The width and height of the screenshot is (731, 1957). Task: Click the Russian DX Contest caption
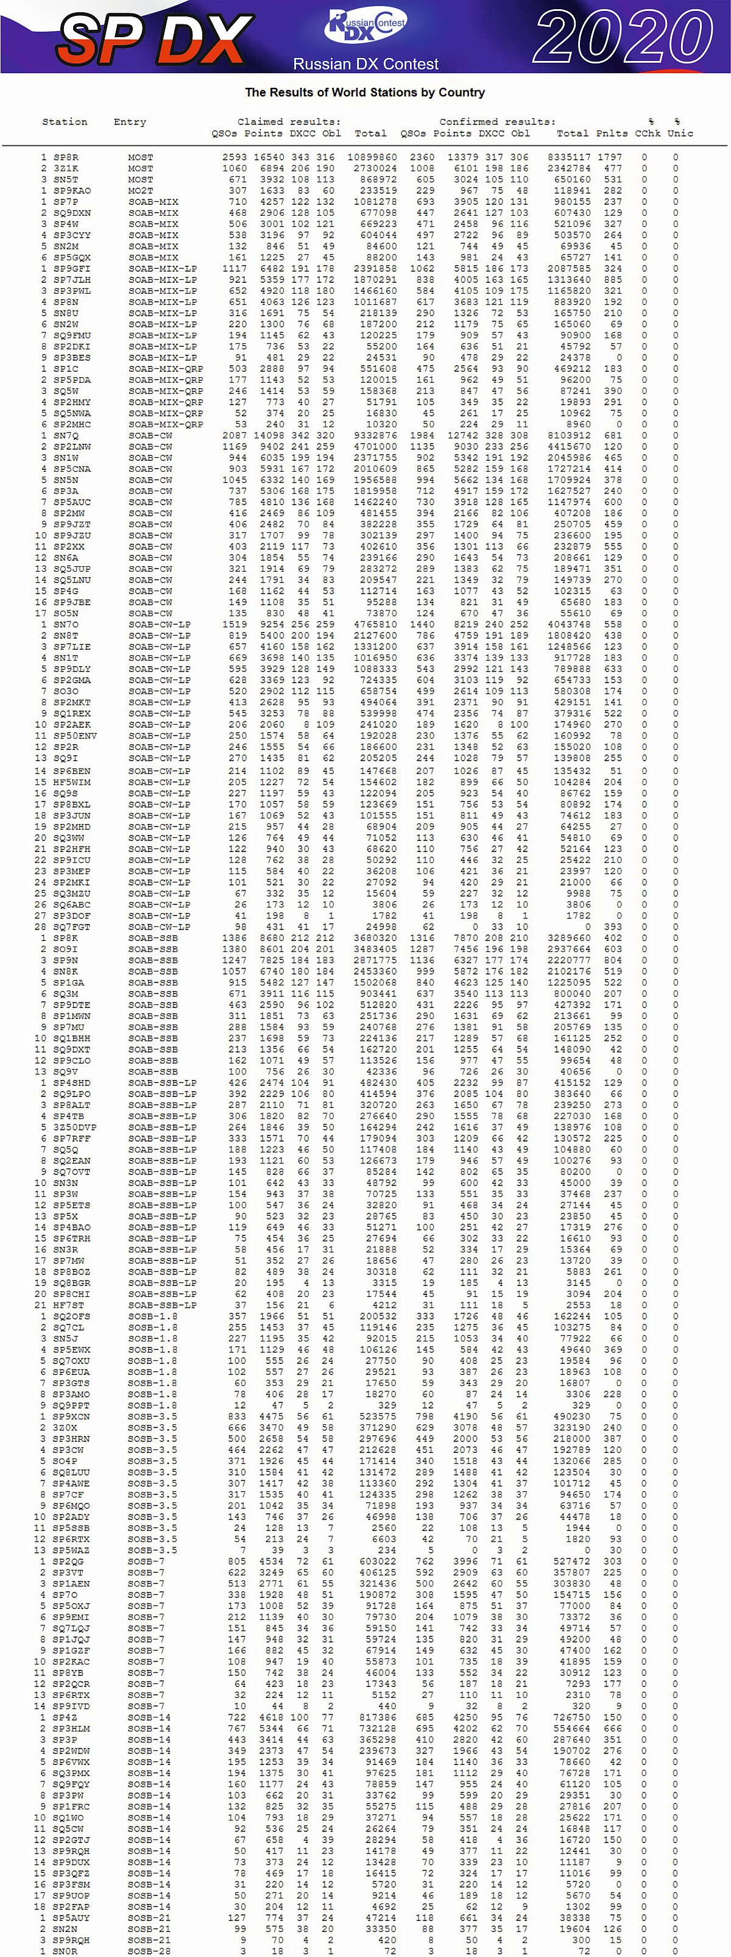(x=366, y=64)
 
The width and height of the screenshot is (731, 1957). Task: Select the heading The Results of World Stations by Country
(x=364, y=92)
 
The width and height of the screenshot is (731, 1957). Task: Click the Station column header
(x=65, y=121)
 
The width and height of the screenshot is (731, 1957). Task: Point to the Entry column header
(x=130, y=121)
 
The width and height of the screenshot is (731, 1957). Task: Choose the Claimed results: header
(x=289, y=121)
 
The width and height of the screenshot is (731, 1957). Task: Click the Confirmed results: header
(x=497, y=121)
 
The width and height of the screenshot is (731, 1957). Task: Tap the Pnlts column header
(x=612, y=133)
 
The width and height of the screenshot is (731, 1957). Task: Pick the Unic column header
(x=680, y=133)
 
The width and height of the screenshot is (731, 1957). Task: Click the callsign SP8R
(x=66, y=157)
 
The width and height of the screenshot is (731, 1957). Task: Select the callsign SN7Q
(x=66, y=435)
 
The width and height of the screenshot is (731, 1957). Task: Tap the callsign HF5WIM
(x=71, y=782)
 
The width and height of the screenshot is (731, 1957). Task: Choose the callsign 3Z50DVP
(x=74, y=1127)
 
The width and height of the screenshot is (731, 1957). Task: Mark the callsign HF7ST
(x=69, y=1304)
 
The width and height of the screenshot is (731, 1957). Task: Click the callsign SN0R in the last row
(x=66, y=1950)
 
